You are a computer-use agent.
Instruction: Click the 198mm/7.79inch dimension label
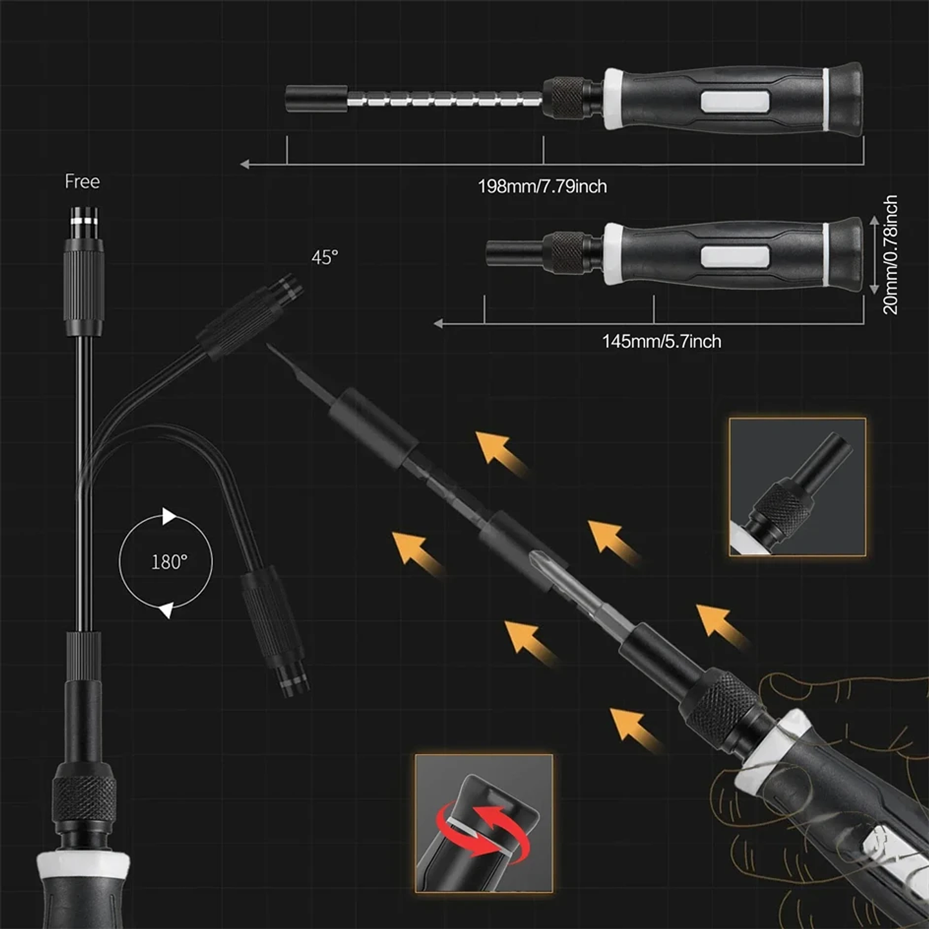[x=542, y=186]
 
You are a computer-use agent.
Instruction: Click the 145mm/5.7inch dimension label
[x=661, y=341]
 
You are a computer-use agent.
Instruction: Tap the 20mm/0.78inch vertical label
[x=890, y=255]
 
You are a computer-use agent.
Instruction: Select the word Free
[x=82, y=182]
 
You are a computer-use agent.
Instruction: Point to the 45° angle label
[x=325, y=257]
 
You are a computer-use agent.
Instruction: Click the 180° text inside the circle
[x=169, y=562]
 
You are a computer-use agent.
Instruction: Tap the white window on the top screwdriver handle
[x=735, y=101]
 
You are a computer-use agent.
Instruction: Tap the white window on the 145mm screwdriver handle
[x=735, y=257]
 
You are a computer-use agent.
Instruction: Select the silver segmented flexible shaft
[x=445, y=99]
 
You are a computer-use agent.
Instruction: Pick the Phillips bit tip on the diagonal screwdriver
[x=541, y=563]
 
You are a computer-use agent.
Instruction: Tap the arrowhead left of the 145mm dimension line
[x=439, y=323]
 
